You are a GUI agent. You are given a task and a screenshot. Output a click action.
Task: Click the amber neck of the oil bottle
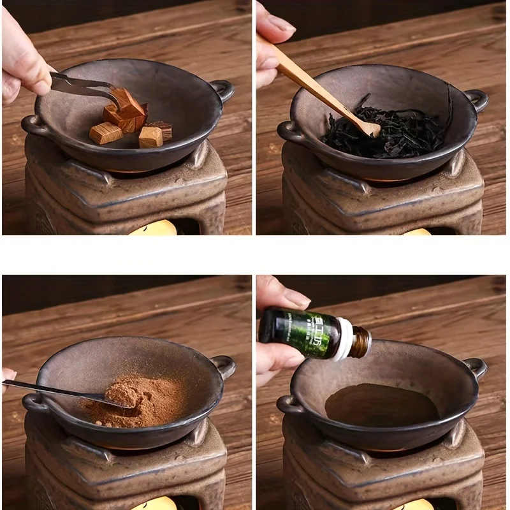361,340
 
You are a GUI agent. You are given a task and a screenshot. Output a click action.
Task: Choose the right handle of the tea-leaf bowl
476,99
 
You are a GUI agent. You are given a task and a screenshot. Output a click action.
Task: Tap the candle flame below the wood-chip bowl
153,228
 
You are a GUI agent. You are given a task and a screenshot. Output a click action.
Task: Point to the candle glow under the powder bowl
153,504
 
